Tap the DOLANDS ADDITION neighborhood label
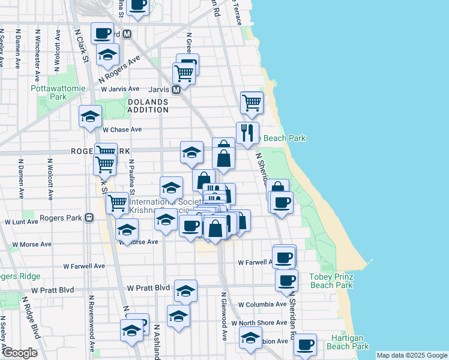148,106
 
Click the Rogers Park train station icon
89,218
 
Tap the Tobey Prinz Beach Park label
331,281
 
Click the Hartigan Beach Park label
348,342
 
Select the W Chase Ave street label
122,129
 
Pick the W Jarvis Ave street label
120,89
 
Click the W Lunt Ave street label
22,221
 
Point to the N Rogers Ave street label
119,70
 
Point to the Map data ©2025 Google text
411,355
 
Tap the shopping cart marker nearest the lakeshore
252,102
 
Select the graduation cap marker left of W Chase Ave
90,116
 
